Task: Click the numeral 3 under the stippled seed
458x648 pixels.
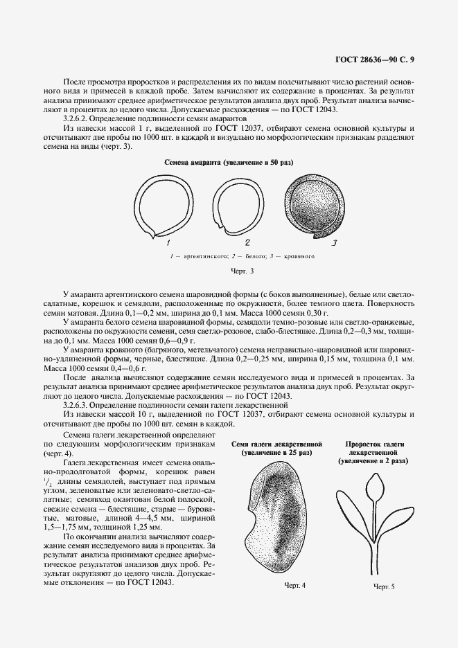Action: click(x=334, y=243)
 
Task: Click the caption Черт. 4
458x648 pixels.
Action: click(x=295, y=586)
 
